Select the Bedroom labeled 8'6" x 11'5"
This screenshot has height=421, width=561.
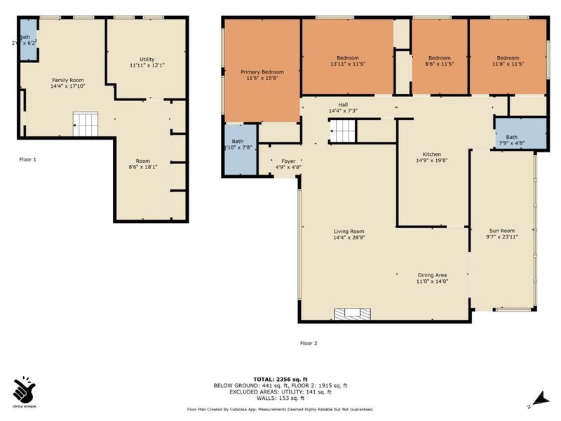coord(439,61)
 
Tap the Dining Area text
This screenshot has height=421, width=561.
coord(432,275)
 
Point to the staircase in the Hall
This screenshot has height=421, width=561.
coord(344,130)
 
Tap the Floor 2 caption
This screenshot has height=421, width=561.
coord(309,343)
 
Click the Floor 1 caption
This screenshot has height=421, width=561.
coord(27,159)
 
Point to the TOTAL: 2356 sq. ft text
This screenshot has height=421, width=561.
coord(280,379)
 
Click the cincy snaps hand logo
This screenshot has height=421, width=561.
coord(24,390)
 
